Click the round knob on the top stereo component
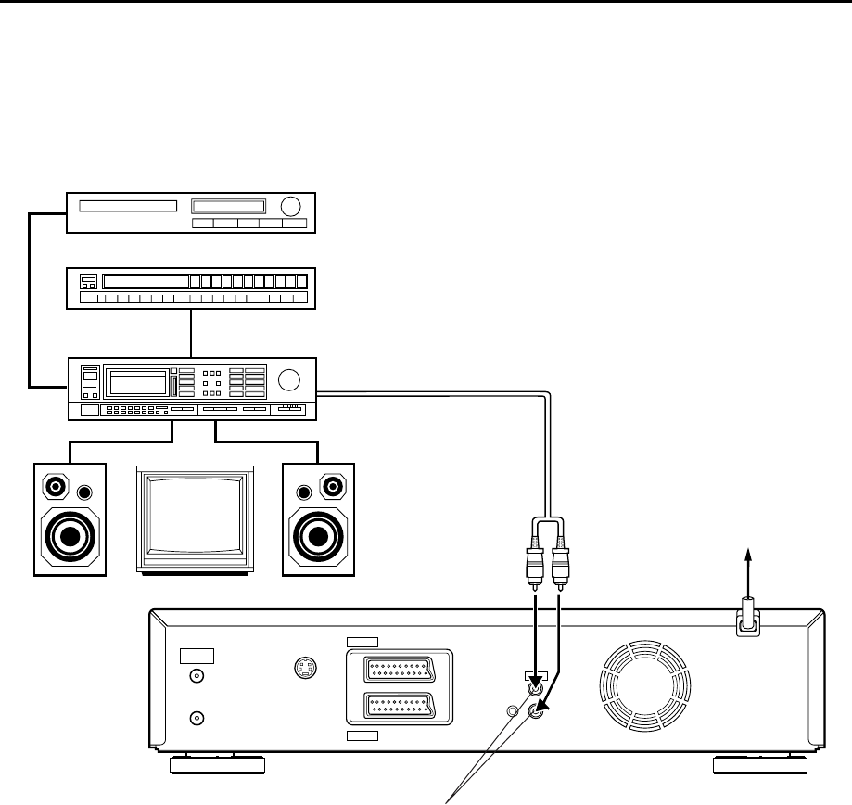[290, 207]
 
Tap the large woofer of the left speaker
[70, 536]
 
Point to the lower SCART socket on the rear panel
[398, 708]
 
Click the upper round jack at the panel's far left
[196, 678]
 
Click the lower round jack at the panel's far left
[196, 718]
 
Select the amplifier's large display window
[138, 382]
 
